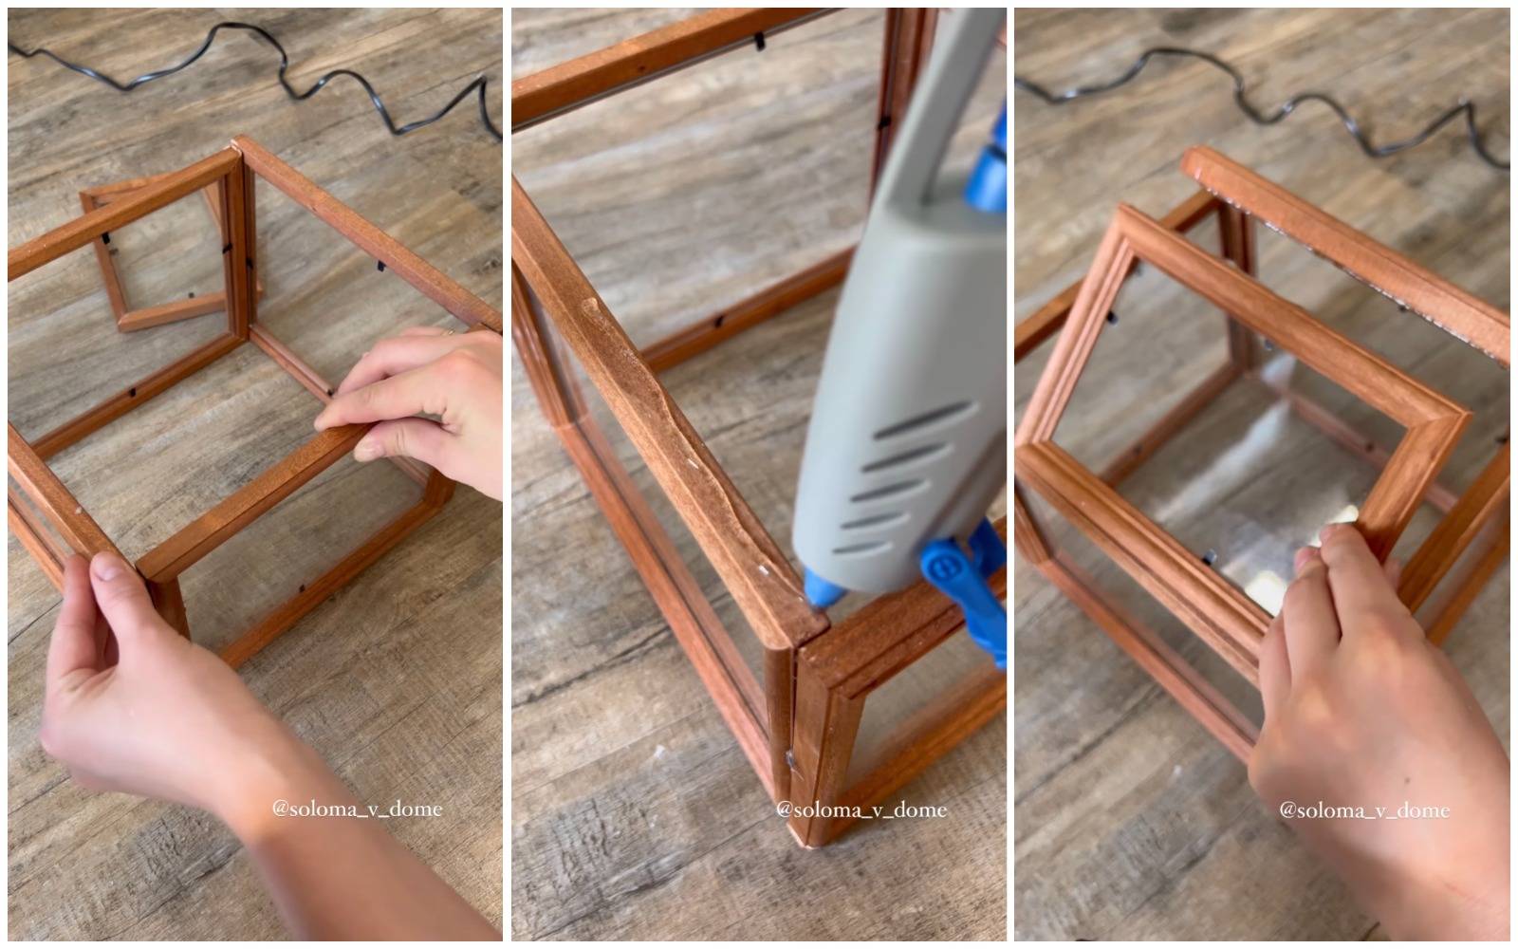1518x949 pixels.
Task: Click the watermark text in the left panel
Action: [357, 809]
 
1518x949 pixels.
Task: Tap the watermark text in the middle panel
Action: [861, 809]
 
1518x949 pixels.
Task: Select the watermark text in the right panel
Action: [1364, 810]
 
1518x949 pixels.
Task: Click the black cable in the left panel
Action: [285, 70]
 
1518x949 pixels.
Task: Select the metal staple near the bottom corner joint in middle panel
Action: [789, 758]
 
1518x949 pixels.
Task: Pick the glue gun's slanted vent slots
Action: [901, 474]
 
